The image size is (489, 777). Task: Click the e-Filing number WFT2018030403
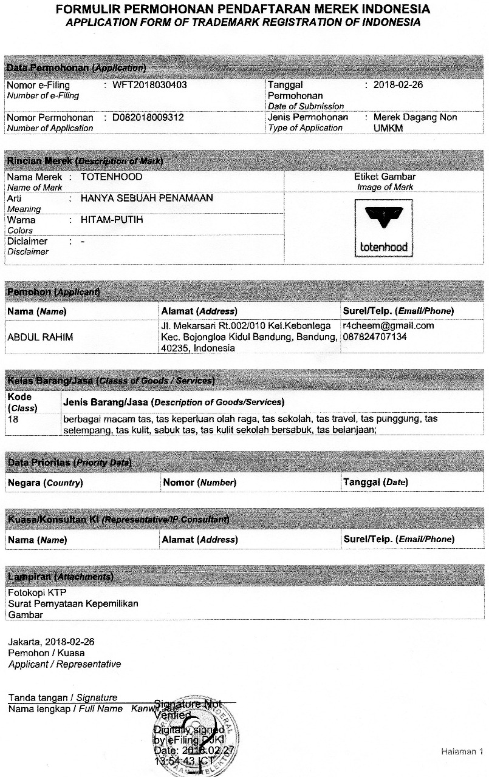149,85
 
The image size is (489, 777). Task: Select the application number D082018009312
148,117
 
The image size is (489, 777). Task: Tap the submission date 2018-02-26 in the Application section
398,85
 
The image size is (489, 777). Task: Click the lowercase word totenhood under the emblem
383,246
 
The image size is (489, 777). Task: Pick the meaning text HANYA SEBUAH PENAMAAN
146,198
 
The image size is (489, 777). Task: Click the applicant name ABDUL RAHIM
40,337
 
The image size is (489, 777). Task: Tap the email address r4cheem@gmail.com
388,326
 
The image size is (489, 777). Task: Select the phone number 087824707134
375,336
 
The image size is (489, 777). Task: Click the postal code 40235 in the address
174,348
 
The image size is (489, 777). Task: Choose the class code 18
13,419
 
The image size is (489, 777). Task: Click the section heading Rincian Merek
39,161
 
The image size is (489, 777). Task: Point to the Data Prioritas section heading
39,463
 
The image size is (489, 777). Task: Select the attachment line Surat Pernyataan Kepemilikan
73,603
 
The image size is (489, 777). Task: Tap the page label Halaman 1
462,752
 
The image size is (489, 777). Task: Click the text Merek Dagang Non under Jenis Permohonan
415,117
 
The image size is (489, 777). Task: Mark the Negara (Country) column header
45,483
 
